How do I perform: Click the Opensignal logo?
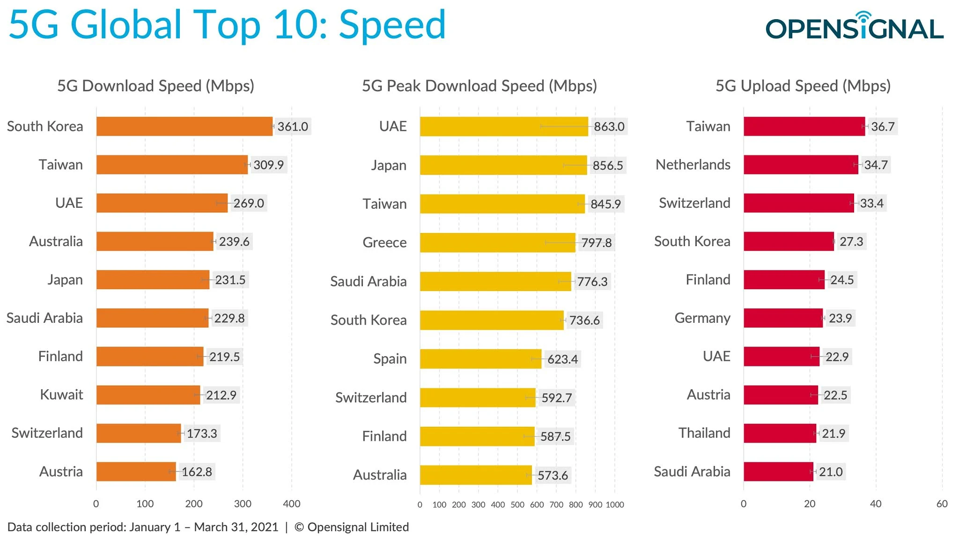click(x=854, y=27)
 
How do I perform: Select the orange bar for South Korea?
click(x=184, y=126)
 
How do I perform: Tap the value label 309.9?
click(x=269, y=165)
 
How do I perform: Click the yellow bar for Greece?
click(x=497, y=242)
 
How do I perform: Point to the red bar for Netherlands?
click(x=801, y=165)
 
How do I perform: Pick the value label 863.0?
click(x=609, y=126)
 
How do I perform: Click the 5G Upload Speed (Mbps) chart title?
click(x=803, y=86)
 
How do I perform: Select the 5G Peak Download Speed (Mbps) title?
click(x=479, y=86)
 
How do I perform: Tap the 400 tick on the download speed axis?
click(x=291, y=504)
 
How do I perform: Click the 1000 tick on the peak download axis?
click(x=615, y=505)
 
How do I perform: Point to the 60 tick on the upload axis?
click(x=942, y=504)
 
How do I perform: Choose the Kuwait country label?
click(x=61, y=394)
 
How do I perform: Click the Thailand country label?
click(x=704, y=433)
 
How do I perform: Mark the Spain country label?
click(x=390, y=359)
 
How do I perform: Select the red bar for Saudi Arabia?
click(x=778, y=471)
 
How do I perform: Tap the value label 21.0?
click(x=831, y=472)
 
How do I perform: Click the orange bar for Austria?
click(x=136, y=471)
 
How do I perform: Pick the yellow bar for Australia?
click(x=475, y=475)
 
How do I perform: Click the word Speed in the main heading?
click(x=392, y=24)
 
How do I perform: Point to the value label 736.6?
click(x=584, y=320)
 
